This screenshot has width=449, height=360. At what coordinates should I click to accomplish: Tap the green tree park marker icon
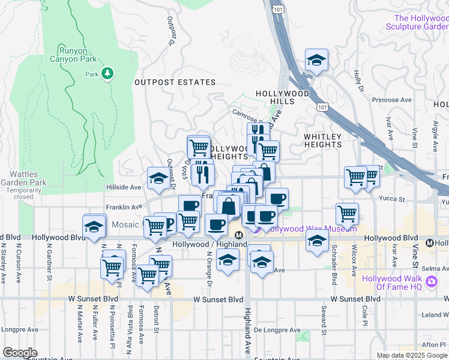(x=108, y=73)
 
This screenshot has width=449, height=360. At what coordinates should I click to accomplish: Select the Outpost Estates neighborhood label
(x=175, y=82)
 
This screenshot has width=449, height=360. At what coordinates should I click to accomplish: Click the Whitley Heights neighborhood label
(x=322, y=140)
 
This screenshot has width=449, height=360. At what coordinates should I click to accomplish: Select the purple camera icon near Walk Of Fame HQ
(x=431, y=282)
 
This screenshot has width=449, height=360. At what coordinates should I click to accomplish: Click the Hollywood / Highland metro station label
(x=209, y=244)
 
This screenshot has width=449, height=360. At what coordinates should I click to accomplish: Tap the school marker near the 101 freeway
(x=316, y=60)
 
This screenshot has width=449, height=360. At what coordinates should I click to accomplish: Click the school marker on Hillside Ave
(x=159, y=178)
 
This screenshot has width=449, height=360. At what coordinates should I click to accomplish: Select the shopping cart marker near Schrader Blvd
(x=347, y=213)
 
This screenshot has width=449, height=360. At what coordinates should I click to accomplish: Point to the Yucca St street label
(x=393, y=199)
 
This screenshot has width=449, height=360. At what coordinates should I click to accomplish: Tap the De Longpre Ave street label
(x=277, y=330)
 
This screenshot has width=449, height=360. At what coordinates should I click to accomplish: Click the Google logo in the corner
(x=20, y=353)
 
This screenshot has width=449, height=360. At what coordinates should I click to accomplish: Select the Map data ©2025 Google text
(x=411, y=355)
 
